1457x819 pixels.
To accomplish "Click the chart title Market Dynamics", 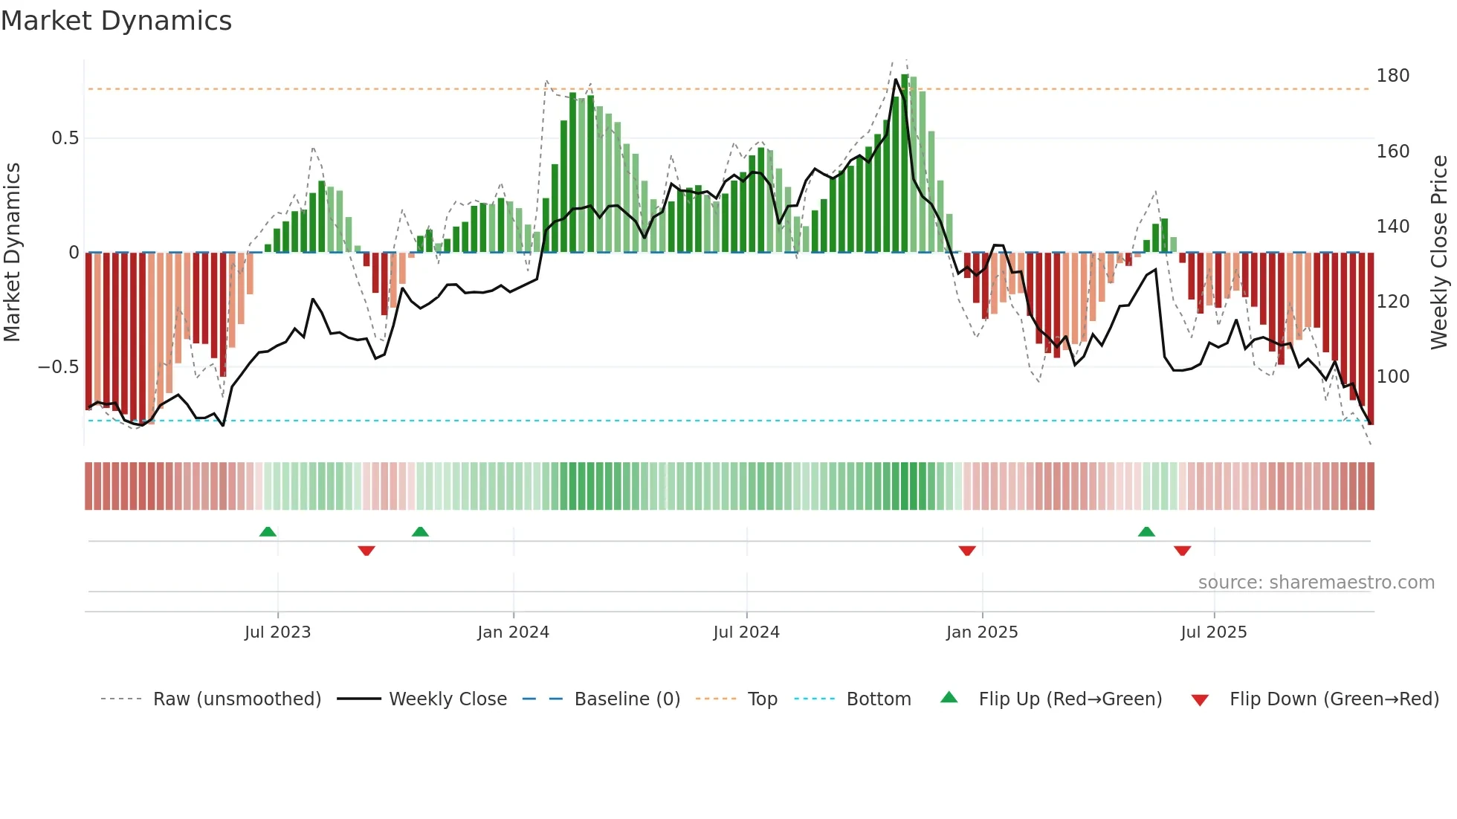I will click(116, 21).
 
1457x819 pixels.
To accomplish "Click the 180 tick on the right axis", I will click(1392, 76).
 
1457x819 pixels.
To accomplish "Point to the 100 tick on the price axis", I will click(1392, 377).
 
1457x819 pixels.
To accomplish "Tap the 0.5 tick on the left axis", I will click(65, 138).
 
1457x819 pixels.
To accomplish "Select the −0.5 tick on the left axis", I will click(58, 367).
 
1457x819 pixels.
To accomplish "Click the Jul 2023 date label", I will click(277, 632).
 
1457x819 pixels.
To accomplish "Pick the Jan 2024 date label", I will click(513, 632).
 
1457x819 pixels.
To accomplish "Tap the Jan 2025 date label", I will click(981, 632).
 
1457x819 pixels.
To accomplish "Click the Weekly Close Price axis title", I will click(1439, 253).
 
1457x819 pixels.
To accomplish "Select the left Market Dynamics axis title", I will click(12, 253).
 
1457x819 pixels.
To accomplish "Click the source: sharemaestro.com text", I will click(1316, 583).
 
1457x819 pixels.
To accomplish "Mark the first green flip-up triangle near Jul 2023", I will click(268, 531).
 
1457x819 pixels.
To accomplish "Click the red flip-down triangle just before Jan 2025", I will click(966, 551).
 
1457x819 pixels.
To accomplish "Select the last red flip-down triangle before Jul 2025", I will click(1182, 551).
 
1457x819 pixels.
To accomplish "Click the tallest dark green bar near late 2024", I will click(905, 164).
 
